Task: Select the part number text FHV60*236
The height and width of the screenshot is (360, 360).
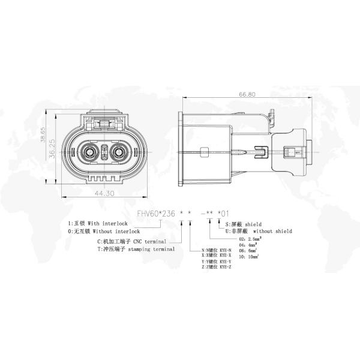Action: pos(154,213)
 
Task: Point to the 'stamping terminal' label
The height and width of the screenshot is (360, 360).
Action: pos(152,248)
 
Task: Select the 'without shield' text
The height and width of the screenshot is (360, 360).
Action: pos(271,230)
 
